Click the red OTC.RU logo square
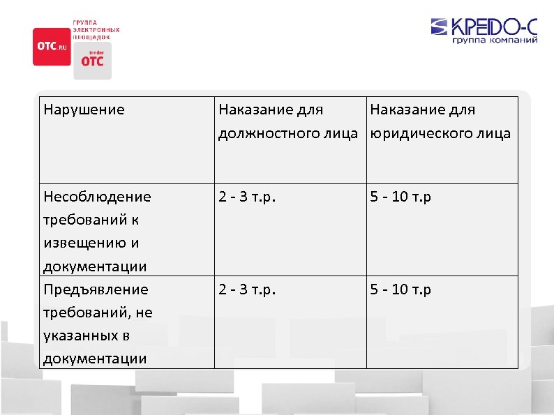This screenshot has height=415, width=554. (52, 47)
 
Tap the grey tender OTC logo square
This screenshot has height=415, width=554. (92, 60)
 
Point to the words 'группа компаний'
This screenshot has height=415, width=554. (495, 41)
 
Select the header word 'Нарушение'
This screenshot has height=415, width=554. (84, 110)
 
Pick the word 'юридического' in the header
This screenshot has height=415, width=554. (421, 133)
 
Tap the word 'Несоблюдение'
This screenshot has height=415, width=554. (97, 197)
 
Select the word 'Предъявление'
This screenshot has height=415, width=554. (96, 289)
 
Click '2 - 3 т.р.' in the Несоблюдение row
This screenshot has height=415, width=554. (247, 197)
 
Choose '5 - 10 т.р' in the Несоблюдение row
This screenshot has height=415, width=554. (400, 197)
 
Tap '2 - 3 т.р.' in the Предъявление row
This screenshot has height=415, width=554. (247, 289)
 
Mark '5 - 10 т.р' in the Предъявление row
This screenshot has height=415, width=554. (400, 289)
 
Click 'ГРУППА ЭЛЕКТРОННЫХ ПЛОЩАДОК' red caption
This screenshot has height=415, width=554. (96, 30)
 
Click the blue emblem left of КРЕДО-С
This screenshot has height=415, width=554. (440, 27)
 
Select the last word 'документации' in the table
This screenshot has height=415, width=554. (95, 359)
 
